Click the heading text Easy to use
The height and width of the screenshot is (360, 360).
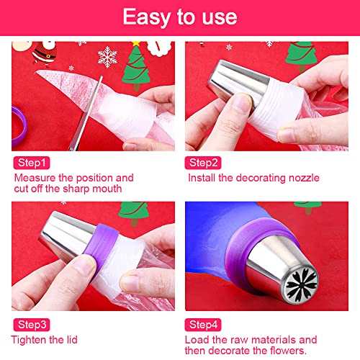tap(180, 17)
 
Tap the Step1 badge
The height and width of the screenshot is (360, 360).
tap(32, 163)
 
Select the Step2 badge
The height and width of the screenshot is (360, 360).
tap(203, 163)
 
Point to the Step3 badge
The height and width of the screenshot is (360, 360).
tap(32, 325)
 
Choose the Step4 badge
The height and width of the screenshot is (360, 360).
tap(203, 325)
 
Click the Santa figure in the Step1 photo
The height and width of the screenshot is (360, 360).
tap(45, 53)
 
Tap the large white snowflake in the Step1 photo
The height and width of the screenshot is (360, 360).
tap(107, 57)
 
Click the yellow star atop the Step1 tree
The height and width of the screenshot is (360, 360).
tap(136, 43)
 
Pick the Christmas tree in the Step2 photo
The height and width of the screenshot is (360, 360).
tap(302, 55)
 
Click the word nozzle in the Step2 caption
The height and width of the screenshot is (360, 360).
tap(304, 178)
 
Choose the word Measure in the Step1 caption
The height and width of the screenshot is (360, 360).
tap(35, 178)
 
